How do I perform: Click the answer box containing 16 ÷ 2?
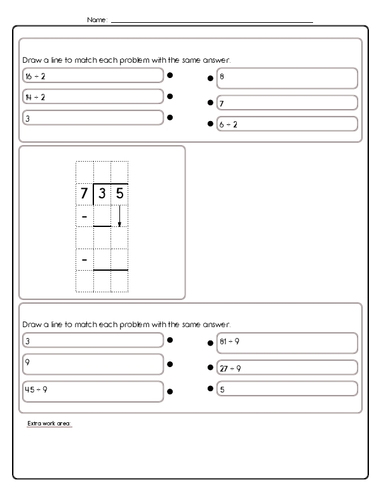[x=93, y=75]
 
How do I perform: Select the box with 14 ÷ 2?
[x=93, y=96]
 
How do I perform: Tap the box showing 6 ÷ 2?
[x=286, y=124]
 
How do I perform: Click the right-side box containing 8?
[x=286, y=78]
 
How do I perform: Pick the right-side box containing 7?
[x=286, y=102]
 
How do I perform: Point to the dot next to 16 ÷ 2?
[x=170, y=75]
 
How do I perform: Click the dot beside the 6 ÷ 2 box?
[x=210, y=124]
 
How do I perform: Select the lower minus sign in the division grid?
[x=84, y=259]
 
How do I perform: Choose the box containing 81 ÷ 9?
[x=286, y=342]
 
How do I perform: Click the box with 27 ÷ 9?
[x=286, y=367]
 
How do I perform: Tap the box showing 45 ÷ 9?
[x=93, y=391]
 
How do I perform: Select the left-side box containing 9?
[x=93, y=364]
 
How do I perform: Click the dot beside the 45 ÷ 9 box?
[x=170, y=391]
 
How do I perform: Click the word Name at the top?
[x=97, y=20]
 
